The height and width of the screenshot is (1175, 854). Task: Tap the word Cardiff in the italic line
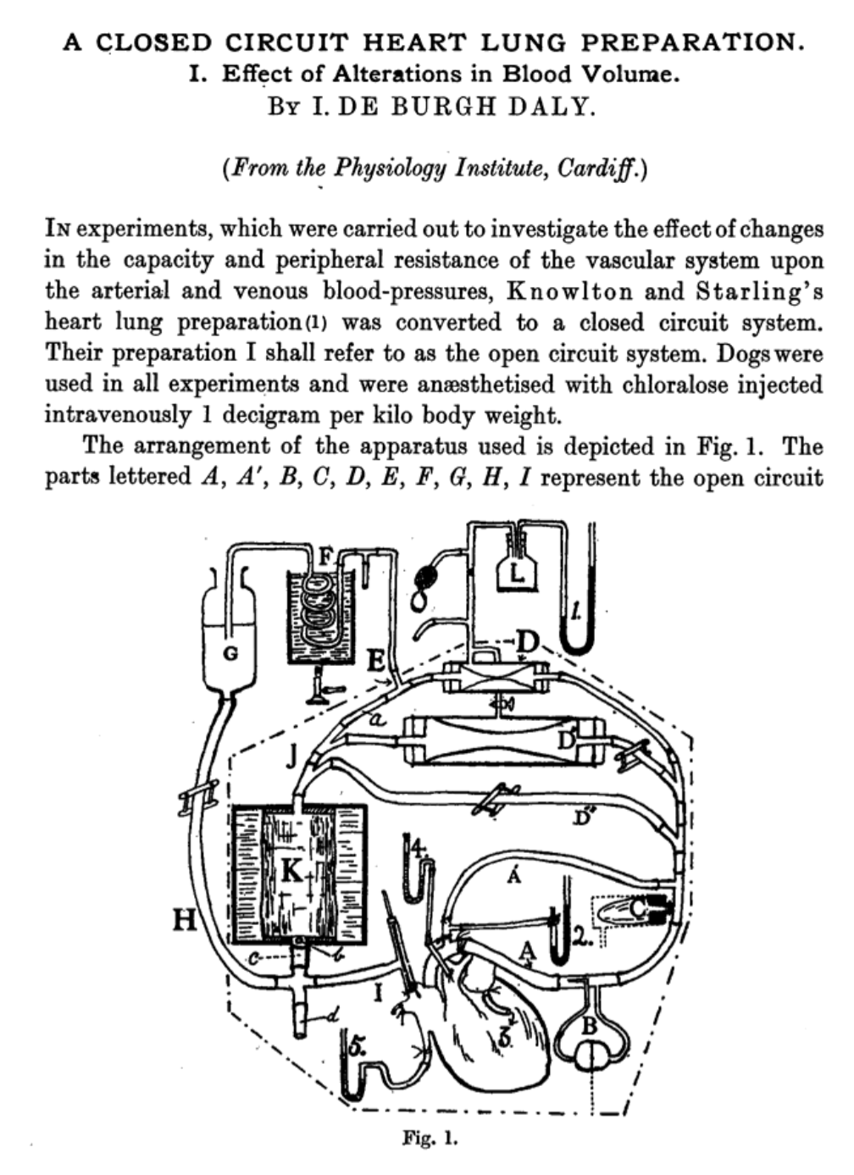point(600,168)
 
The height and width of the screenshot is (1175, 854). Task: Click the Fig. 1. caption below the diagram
point(430,1137)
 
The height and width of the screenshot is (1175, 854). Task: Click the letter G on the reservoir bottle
point(230,653)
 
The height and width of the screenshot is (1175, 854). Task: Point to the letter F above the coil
point(324,557)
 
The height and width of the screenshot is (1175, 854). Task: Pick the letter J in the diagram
point(291,755)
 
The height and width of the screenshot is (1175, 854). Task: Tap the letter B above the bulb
point(591,1027)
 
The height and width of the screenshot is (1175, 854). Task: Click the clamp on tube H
point(196,801)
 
